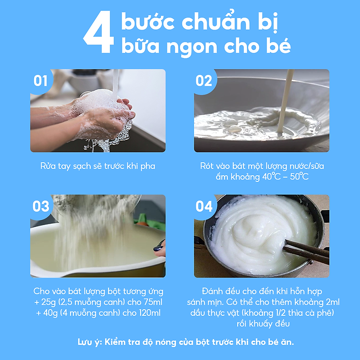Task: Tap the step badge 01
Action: pyautogui.click(x=41, y=81)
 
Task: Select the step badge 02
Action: pyautogui.click(x=204, y=81)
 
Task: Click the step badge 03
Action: pyautogui.click(x=41, y=206)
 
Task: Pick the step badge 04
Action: pyautogui.click(x=204, y=206)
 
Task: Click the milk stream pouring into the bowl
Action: pyautogui.click(x=286, y=101)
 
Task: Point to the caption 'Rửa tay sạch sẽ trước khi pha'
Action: pyautogui.click(x=98, y=166)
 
